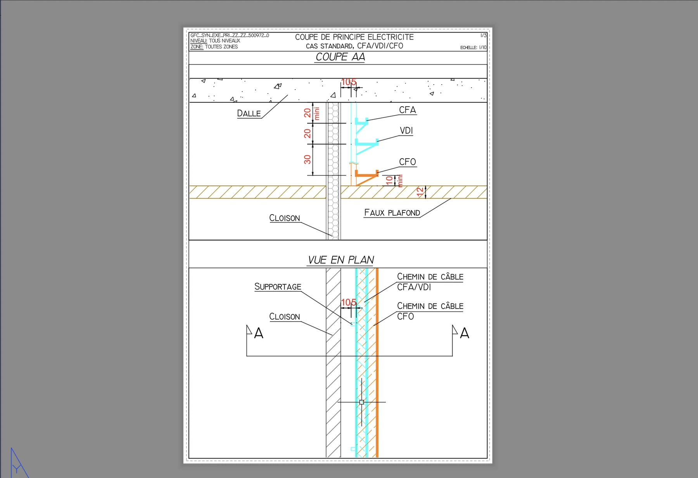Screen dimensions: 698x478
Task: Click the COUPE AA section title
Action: click(x=340, y=57)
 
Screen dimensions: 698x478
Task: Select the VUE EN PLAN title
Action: click(x=341, y=260)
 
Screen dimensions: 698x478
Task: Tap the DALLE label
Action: click(x=249, y=113)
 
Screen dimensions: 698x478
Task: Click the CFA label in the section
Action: click(x=408, y=110)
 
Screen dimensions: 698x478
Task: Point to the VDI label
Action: click(x=406, y=131)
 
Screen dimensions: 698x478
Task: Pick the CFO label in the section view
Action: click(x=408, y=162)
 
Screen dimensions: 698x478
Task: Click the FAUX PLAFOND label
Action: click(x=392, y=213)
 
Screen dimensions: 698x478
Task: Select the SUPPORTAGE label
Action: click(x=278, y=287)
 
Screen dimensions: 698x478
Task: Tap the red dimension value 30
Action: click(x=308, y=159)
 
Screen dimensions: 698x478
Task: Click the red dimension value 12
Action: click(x=420, y=192)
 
